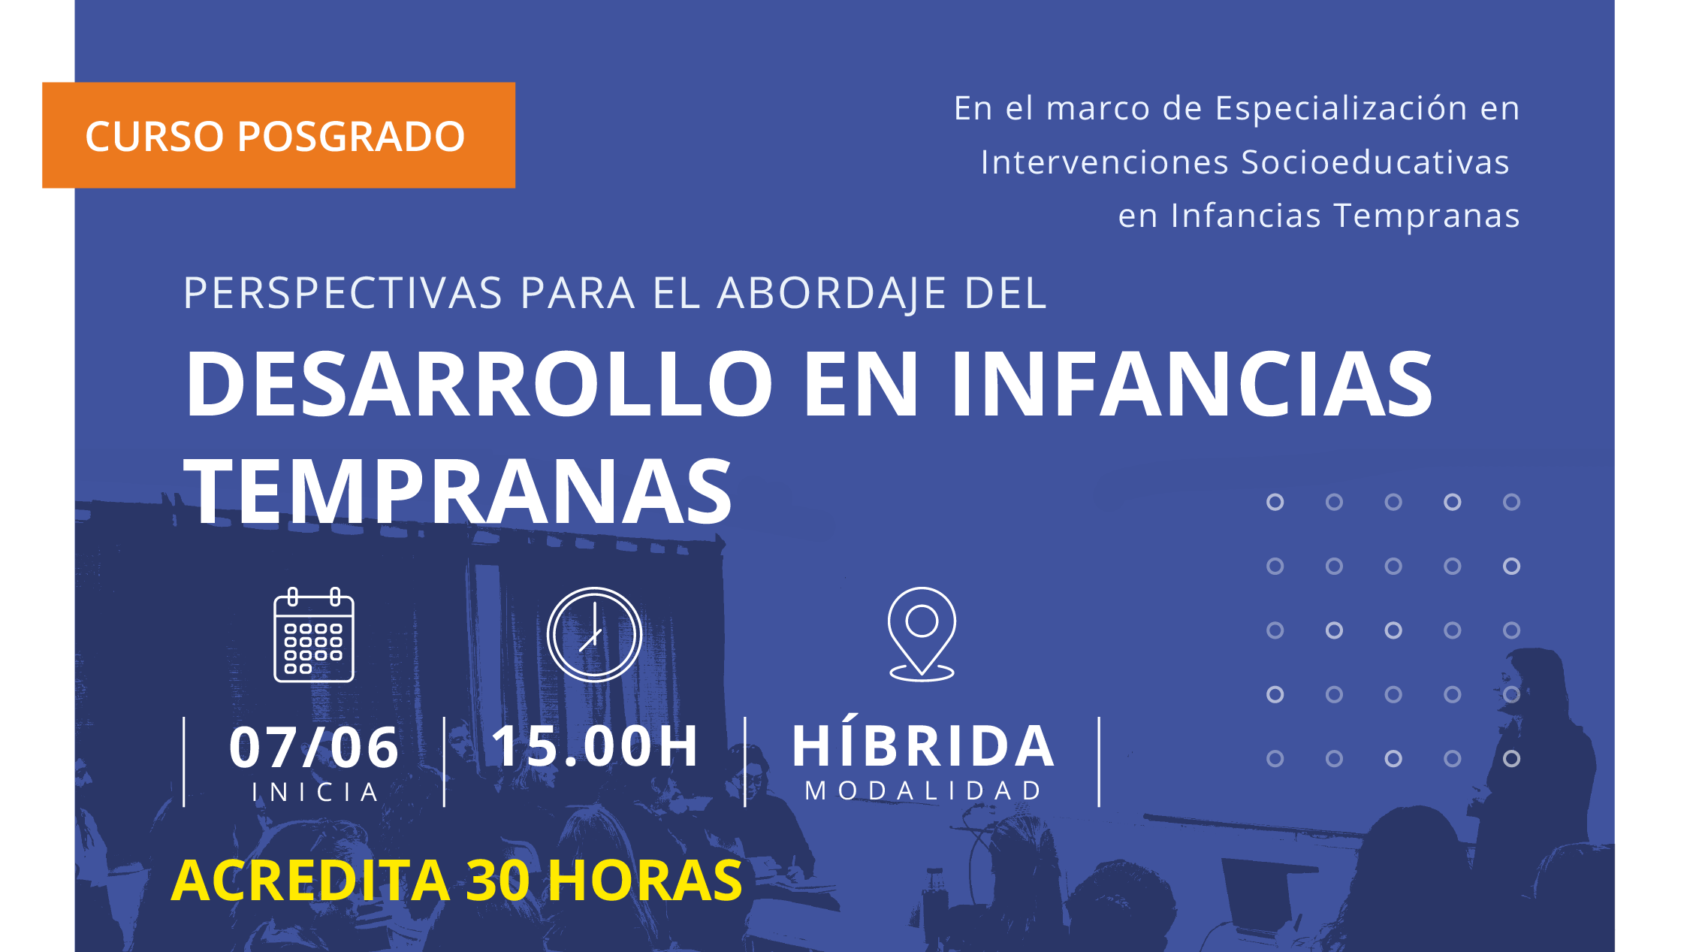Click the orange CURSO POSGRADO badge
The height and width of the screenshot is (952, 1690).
pyautogui.click(x=279, y=135)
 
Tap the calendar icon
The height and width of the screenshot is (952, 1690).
pyautogui.click(x=314, y=635)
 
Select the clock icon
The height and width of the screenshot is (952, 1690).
pyautogui.click(x=594, y=635)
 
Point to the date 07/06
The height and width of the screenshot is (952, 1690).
pyautogui.click(x=314, y=748)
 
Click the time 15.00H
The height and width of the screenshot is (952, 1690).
pyautogui.click(x=595, y=746)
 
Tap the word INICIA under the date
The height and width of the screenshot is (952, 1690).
pyautogui.click(x=315, y=792)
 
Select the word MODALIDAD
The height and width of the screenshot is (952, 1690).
pyautogui.click(x=923, y=790)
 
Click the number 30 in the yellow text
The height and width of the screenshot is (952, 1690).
pyautogui.click(x=498, y=880)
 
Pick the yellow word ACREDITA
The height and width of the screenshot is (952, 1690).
pyautogui.click(x=310, y=880)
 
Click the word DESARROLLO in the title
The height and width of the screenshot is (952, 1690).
pyautogui.click(x=479, y=383)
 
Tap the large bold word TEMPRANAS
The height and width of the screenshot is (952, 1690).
pyautogui.click(x=457, y=491)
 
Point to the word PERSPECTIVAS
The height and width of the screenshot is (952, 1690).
pyautogui.click(x=343, y=292)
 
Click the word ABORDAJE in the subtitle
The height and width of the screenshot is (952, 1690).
pyautogui.click(x=831, y=293)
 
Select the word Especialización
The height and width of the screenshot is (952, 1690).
pyautogui.click(x=1341, y=109)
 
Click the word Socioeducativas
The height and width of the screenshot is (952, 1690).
pyautogui.click(x=1375, y=162)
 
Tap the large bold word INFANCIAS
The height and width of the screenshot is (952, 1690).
pyautogui.click(x=1192, y=383)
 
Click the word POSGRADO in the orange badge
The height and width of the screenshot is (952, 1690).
pyautogui.click(x=352, y=136)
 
